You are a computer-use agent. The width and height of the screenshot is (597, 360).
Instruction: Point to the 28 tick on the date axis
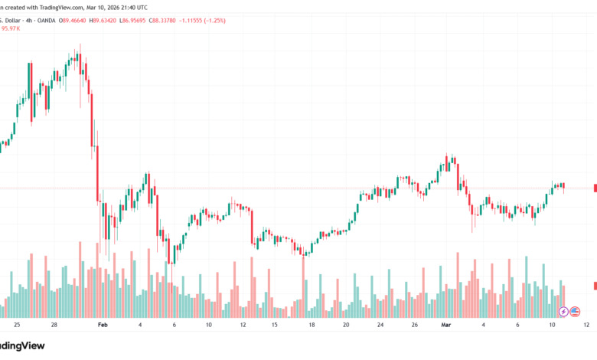(x=54, y=325)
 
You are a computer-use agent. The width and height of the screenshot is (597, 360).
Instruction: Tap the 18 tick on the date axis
(x=312, y=325)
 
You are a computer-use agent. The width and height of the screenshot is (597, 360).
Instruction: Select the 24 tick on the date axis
(x=380, y=325)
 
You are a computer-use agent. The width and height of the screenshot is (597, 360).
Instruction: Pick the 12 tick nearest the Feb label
(x=243, y=325)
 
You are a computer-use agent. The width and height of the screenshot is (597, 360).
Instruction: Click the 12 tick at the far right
(x=586, y=325)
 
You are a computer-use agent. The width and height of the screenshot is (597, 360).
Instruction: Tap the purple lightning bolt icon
(x=564, y=311)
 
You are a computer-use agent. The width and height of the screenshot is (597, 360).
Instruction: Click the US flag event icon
(x=575, y=311)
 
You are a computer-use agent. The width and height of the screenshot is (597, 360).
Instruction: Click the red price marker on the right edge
(x=595, y=188)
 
